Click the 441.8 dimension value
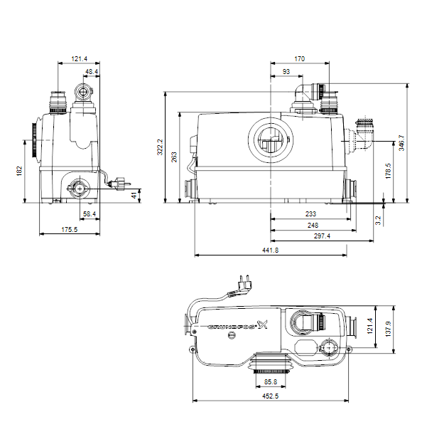point(270,250)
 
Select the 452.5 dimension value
point(270,396)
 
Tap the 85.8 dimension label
point(271,381)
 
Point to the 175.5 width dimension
point(70,230)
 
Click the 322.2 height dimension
point(160,147)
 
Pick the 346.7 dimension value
point(401,143)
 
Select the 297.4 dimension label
point(322,236)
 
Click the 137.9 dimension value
point(389,329)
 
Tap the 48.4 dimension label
point(92,72)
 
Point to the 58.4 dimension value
point(90,214)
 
